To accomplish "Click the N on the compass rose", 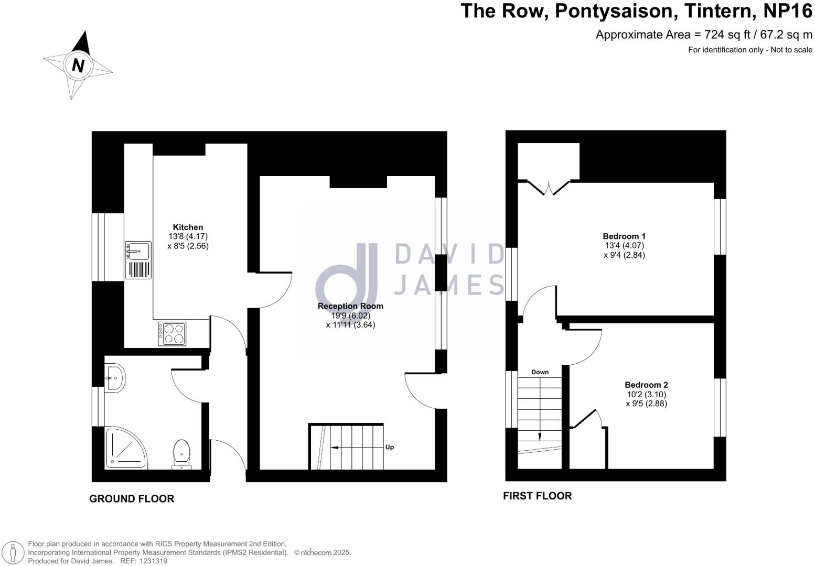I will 78,66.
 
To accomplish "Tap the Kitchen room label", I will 188,227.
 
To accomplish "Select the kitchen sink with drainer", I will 138,260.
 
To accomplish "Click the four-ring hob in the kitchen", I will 172,333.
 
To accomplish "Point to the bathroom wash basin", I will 115,378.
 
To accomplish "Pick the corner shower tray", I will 126,447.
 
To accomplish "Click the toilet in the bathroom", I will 181,454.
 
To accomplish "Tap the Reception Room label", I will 350,306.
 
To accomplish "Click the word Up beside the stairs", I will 390,447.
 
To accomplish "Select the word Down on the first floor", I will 540,372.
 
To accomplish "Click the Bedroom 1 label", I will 624,236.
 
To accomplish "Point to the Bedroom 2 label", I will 646,385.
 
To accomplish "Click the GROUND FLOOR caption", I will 132,499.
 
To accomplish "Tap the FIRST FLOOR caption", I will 537,496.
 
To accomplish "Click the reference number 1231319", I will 151,561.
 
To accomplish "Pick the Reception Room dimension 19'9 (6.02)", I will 350,315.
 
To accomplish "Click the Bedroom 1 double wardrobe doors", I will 549,188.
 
